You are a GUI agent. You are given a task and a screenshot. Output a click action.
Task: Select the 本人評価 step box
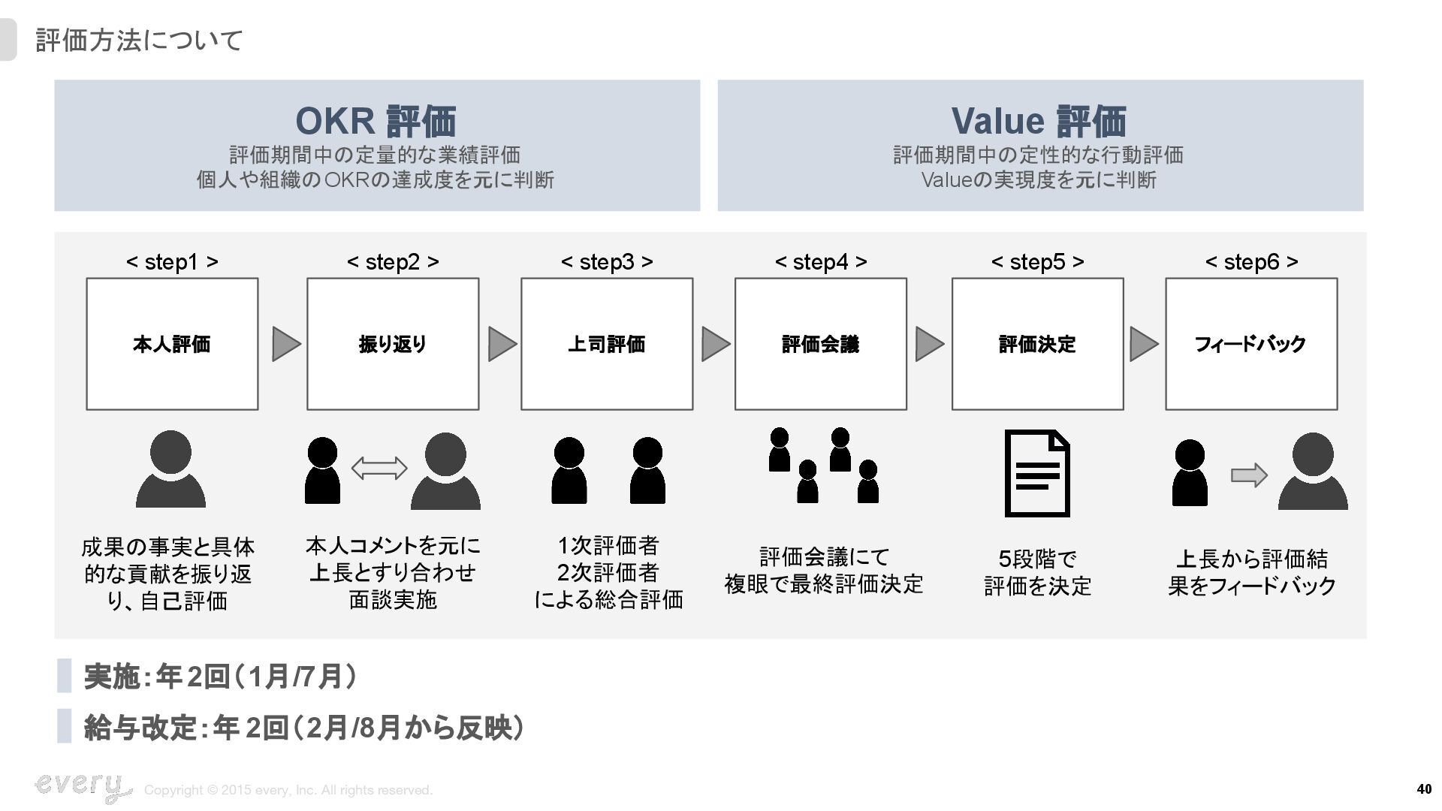(172, 344)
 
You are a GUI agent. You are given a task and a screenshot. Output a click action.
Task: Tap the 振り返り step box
(393, 344)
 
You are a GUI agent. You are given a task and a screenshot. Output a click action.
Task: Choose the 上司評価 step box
(607, 344)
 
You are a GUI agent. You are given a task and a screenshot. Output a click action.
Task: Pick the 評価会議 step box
(820, 344)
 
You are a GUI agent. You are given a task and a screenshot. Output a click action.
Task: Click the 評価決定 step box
(1037, 344)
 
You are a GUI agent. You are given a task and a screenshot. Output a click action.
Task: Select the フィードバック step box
(1251, 344)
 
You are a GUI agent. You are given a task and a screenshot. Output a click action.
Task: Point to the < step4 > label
(820, 261)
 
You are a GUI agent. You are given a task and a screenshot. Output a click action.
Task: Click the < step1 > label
(172, 261)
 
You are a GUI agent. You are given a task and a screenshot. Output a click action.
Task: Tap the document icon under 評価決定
(1037, 473)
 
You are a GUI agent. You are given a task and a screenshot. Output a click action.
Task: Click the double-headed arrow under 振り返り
(379, 469)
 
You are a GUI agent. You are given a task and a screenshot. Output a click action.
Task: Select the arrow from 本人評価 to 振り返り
(285, 344)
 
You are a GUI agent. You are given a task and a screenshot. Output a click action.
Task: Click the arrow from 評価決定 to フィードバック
(1144, 344)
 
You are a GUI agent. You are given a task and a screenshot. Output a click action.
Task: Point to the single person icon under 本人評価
(170, 469)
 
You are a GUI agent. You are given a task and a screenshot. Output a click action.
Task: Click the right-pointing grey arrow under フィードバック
(1249, 475)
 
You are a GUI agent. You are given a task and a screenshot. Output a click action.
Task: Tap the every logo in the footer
(81, 786)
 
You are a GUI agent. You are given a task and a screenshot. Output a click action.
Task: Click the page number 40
(1424, 788)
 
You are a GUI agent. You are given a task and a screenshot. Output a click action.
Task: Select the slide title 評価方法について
(140, 41)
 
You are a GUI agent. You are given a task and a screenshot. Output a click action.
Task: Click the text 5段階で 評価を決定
(1037, 572)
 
